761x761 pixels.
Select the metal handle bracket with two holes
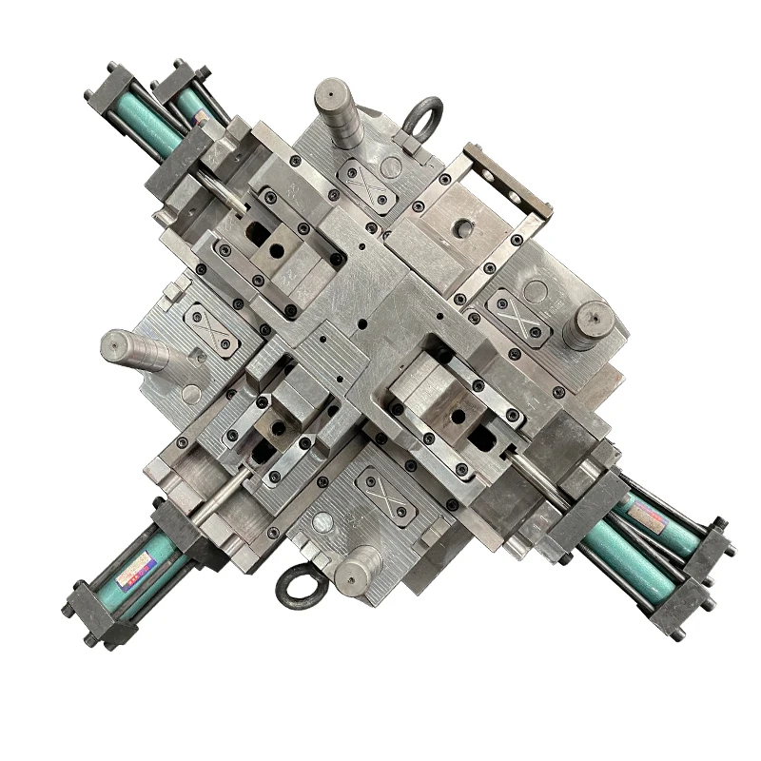click(x=496, y=180)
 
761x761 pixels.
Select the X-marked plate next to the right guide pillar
click(x=517, y=313)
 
